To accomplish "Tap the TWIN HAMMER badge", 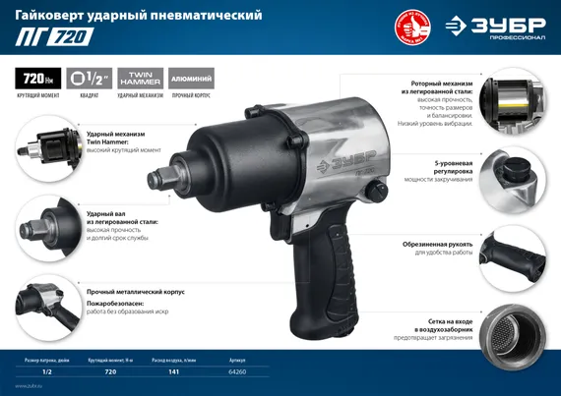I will pyautogui.click(x=139, y=77).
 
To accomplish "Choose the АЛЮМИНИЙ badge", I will pyautogui.click(x=189, y=77).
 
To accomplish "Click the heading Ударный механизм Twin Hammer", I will pyautogui.click(x=116, y=139).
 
